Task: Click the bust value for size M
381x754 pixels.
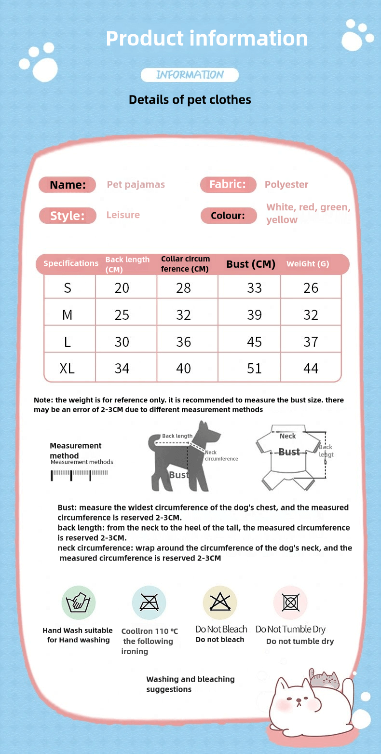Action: click(254, 315)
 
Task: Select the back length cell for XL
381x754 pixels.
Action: click(122, 369)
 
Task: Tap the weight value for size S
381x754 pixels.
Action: click(311, 288)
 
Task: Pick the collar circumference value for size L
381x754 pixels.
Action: click(183, 342)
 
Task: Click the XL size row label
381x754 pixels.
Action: click(67, 369)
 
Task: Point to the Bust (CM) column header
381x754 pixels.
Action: click(251, 264)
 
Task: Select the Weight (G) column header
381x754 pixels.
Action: click(308, 264)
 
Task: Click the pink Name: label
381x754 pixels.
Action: click(68, 185)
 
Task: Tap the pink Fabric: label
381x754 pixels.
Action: click(228, 184)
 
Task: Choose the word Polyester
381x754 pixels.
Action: click(286, 185)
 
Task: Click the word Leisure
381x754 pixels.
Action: click(123, 215)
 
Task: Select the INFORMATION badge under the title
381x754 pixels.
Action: click(190, 75)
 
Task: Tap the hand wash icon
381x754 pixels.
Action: click(79, 603)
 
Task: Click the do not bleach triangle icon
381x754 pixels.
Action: click(220, 602)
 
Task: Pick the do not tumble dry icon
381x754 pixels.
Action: click(290, 603)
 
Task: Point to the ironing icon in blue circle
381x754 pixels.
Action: click(149, 603)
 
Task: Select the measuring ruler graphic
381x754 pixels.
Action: click(79, 475)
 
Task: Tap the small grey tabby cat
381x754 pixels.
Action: click(325, 680)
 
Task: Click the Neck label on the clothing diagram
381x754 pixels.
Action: click(288, 436)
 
